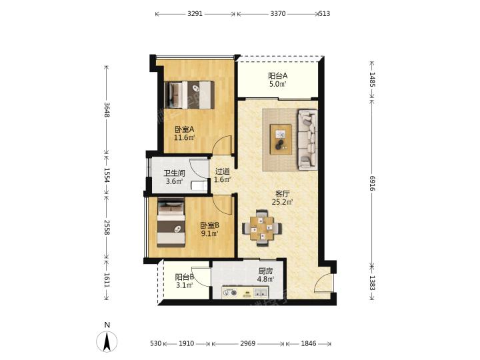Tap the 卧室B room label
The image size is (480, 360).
tap(210, 225)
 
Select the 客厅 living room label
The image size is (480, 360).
tap(283, 194)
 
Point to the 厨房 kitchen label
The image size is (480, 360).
tap(265, 271)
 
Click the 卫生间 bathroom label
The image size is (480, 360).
tap(175, 173)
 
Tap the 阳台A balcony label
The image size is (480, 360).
tap(277, 76)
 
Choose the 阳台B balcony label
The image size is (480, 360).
tap(184, 277)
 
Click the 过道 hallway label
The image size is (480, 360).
tap(222, 171)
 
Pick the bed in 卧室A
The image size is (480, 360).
tap(189, 95)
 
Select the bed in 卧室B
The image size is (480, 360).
tap(171, 223)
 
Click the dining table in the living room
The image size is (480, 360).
tap(262, 228)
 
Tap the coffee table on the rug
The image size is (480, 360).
tap(281, 139)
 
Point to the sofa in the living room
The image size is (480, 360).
tap(307, 139)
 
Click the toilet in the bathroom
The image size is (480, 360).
tap(199, 185)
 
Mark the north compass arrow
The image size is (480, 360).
tap(107, 341)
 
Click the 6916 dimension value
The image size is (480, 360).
tap(372, 183)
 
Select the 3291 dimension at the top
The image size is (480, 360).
tap(195, 14)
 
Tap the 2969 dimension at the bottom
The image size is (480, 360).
tap(247, 343)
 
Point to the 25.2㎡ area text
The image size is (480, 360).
tap(283, 202)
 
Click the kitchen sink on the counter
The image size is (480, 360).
tap(261, 293)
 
